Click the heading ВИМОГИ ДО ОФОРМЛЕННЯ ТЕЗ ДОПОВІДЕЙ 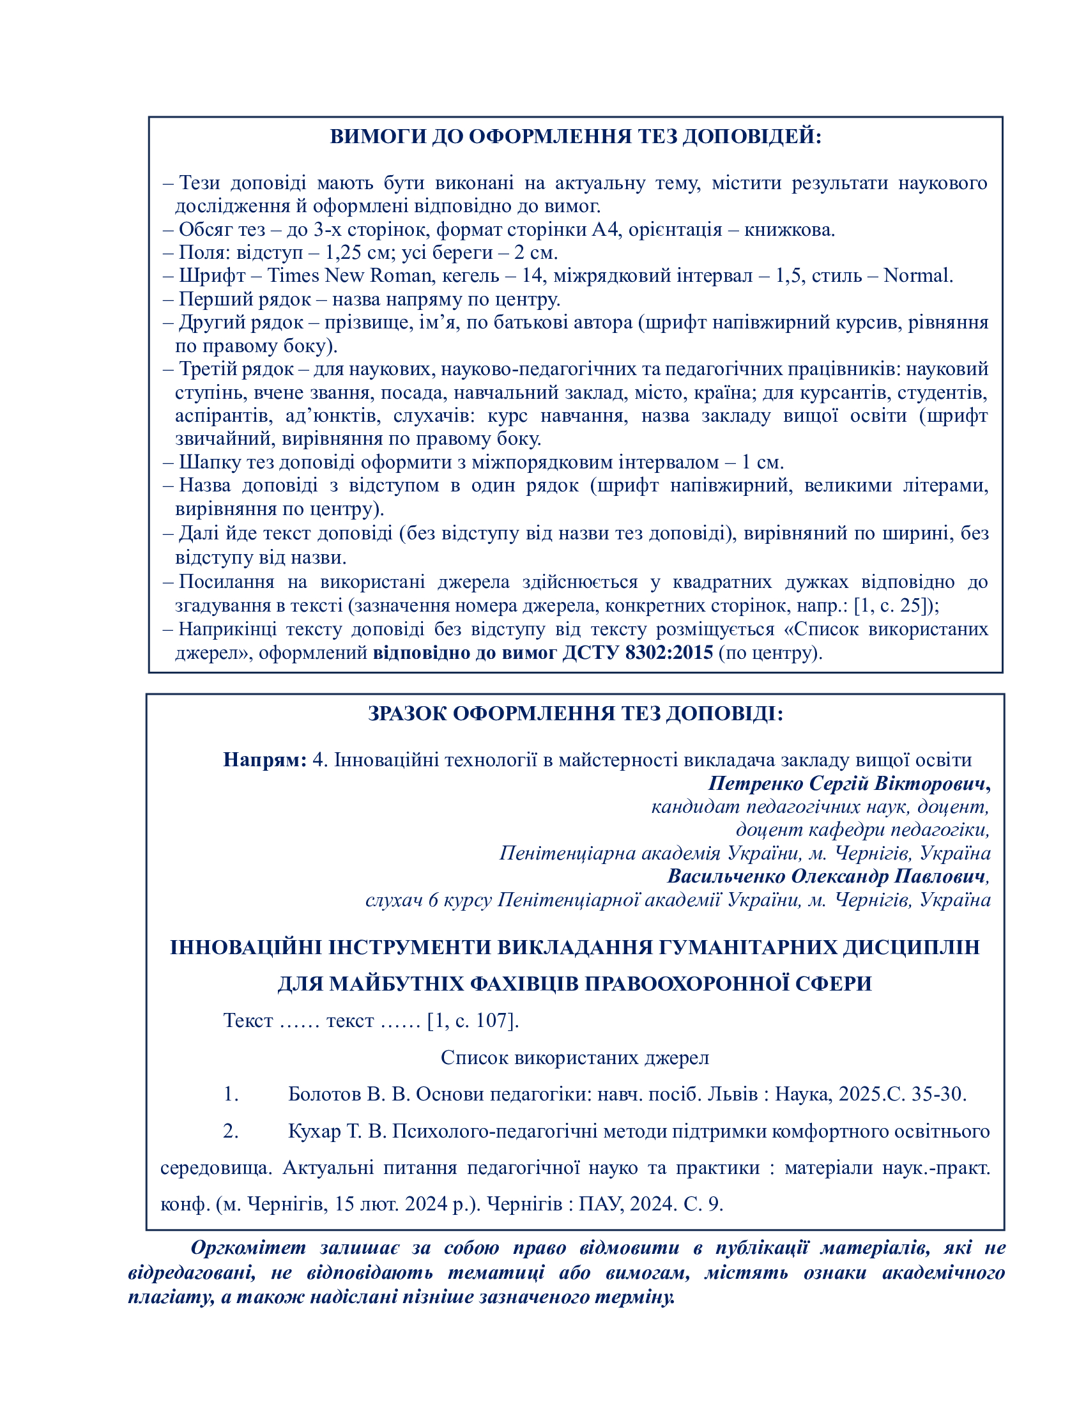[575, 137]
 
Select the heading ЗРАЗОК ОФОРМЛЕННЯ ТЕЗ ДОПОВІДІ [575, 713]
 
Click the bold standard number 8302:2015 [669, 652]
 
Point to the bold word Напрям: [264, 760]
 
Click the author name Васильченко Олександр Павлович [826, 876]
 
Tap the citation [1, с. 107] [473, 1021]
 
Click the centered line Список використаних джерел [574, 1057]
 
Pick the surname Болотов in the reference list [325, 1093]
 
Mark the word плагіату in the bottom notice [171, 1296]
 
